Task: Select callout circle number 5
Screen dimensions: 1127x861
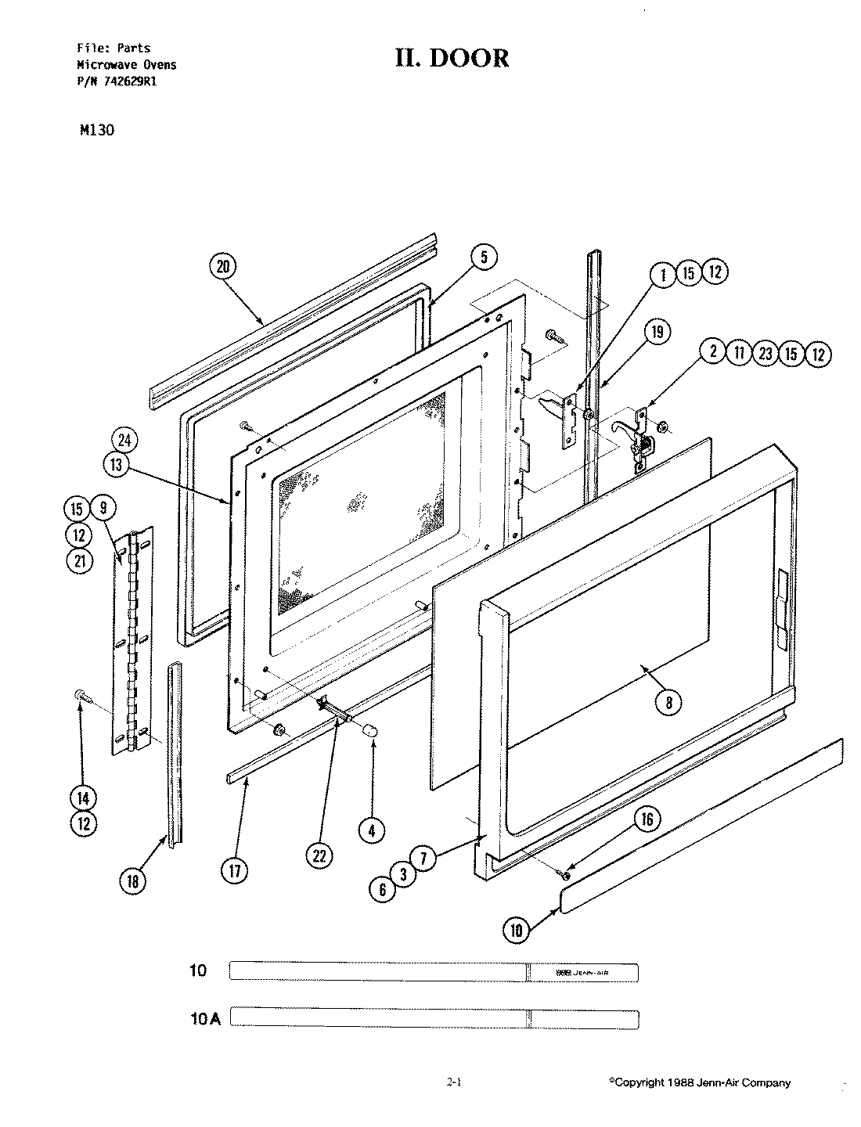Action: click(x=483, y=256)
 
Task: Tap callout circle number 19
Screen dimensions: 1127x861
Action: click(x=657, y=333)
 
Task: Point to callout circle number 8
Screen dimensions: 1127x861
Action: click(x=668, y=702)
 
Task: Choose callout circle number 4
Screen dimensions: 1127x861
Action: click(x=372, y=830)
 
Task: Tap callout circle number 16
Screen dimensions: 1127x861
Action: click(x=647, y=819)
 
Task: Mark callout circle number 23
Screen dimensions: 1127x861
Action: click(x=766, y=354)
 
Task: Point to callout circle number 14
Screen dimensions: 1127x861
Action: click(x=84, y=798)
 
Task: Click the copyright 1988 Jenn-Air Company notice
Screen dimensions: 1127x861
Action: click(x=699, y=1083)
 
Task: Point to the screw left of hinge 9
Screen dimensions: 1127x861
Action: click(x=81, y=693)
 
